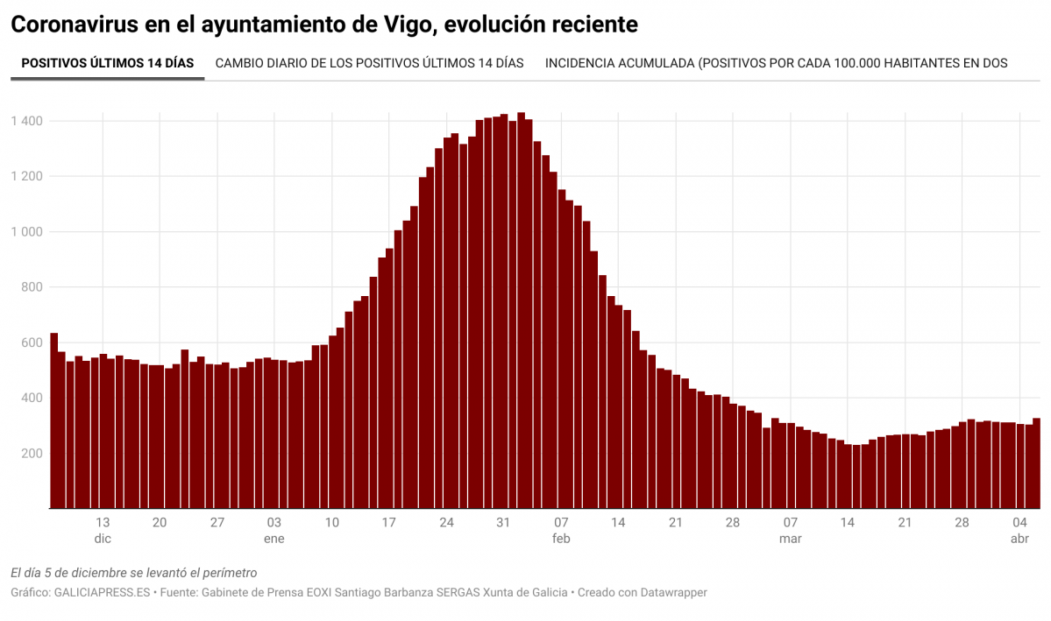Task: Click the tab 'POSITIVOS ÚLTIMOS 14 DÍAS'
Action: click(x=107, y=63)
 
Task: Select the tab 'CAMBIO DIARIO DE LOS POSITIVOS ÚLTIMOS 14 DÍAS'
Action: click(x=369, y=63)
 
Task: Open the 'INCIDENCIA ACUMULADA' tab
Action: click(x=776, y=63)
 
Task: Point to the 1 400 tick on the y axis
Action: click(x=26, y=121)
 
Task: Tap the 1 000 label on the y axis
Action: click(x=26, y=232)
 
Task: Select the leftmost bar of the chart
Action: click(x=53, y=420)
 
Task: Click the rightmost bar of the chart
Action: click(x=1036, y=463)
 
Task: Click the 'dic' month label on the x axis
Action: click(x=103, y=539)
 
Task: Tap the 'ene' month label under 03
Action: click(x=274, y=539)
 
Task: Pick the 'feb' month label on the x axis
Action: click(x=561, y=539)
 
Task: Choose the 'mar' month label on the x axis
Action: click(x=790, y=539)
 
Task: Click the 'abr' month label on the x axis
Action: click(x=1019, y=539)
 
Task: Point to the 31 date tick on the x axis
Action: click(x=503, y=523)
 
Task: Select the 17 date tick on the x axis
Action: click(x=389, y=523)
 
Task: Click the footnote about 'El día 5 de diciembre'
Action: click(x=133, y=573)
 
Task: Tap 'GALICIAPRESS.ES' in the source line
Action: click(x=103, y=593)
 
